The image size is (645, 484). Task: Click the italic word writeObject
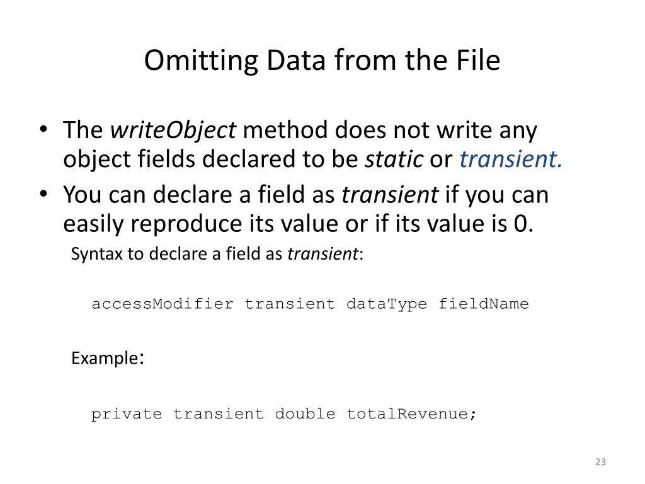point(173,130)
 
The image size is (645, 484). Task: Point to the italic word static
point(394,159)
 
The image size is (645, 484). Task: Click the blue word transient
point(510,159)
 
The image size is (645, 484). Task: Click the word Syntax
point(90,254)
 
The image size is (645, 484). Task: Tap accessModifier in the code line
point(162,304)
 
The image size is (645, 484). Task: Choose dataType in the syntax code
point(386,304)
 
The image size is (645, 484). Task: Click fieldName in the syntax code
point(483,304)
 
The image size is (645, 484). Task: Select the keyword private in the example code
point(126,414)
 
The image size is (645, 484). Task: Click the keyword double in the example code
point(305,414)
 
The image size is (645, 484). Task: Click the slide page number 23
point(600,462)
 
